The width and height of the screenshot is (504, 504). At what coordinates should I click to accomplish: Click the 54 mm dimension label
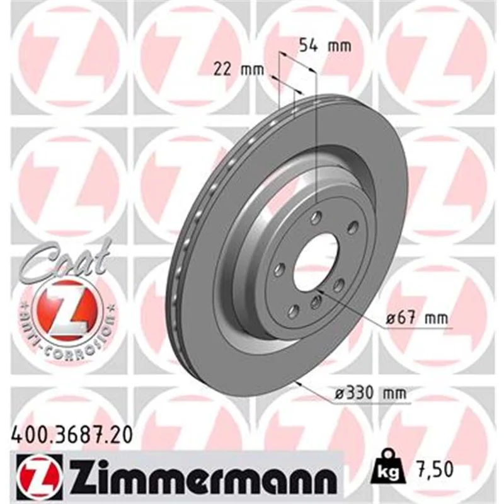[x=325, y=45]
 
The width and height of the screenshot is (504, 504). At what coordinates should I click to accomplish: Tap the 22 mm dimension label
[x=239, y=69]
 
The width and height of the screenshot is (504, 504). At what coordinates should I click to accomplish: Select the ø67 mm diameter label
[x=416, y=318]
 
